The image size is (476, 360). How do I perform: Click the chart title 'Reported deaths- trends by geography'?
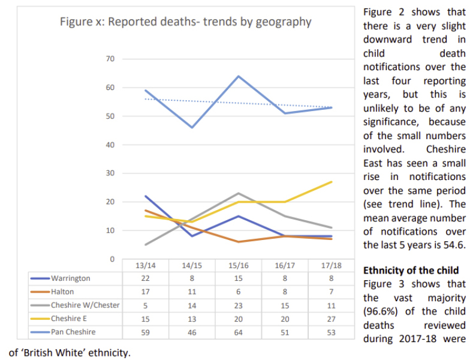coord(185,22)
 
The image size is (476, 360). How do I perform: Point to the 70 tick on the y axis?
coord(110,59)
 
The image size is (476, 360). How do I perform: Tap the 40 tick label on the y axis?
coord(110,145)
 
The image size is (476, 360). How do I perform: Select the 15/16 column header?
coord(238,265)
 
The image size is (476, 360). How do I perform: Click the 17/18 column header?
coord(331,265)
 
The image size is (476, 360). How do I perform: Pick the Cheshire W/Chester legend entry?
coord(85,305)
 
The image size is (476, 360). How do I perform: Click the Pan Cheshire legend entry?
coord(73,331)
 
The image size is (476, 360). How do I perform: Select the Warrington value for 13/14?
coord(145,278)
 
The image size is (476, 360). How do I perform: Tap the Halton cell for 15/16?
coord(238,292)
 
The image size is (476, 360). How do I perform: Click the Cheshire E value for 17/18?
coord(331,318)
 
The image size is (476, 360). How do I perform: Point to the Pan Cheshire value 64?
coord(238,331)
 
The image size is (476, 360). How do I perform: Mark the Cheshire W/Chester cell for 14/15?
coord(192,305)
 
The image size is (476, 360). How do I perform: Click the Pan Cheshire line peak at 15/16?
coord(238,76)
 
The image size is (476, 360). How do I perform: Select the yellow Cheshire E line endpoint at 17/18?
coord(331,182)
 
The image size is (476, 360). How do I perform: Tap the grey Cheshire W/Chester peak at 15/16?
coord(238,193)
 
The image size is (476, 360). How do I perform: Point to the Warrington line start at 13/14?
coord(146,196)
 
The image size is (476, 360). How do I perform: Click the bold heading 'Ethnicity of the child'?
coord(411,270)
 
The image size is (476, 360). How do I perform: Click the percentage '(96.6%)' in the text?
coord(384,311)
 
